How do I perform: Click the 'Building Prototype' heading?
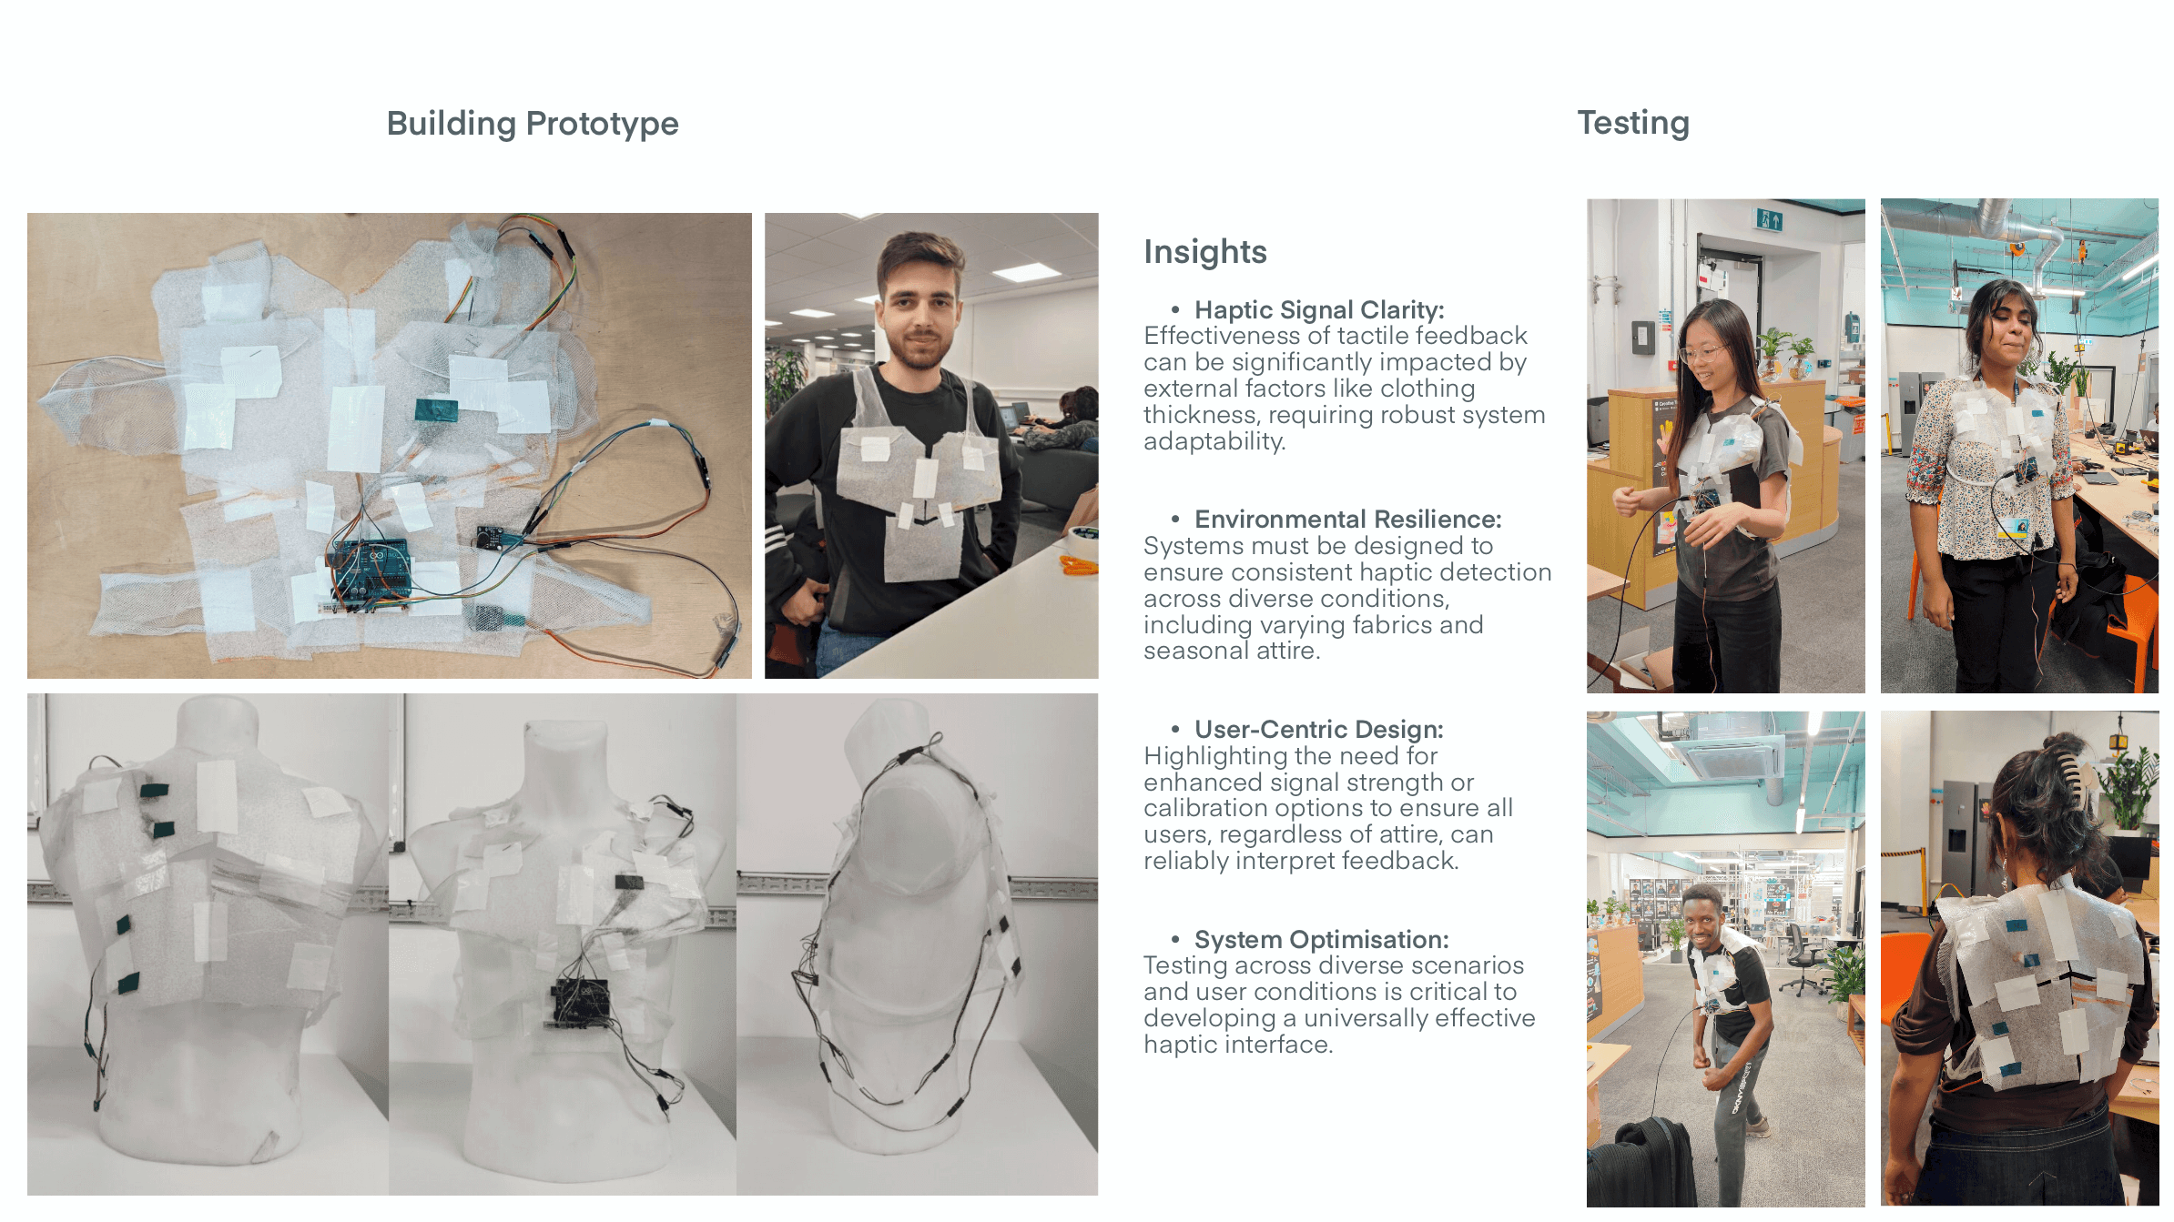(x=533, y=124)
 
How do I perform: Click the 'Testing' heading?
(x=1633, y=123)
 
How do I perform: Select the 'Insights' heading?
(x=1205, y=252)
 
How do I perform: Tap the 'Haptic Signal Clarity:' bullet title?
(x=1319, y=310)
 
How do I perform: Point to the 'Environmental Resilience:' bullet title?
(x=1348, y=520)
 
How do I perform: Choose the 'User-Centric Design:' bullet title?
(x=1319, y=730)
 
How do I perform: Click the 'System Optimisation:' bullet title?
(x=1322, y=940)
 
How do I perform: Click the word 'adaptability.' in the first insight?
(x=1214, y=442)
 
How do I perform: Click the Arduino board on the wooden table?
(x=370, y=572)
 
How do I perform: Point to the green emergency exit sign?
(x=1769, y=219)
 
